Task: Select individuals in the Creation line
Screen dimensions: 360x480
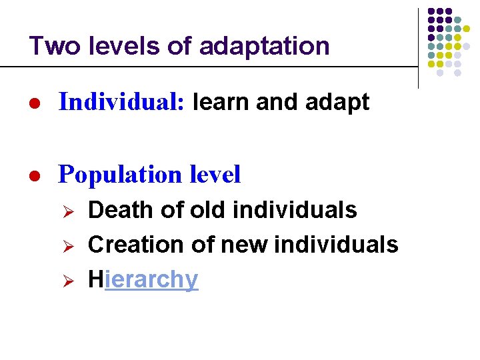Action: pyautogui.click(x=349, y=245)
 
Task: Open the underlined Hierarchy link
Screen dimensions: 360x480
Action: pyautogui.click(x=143, y=279)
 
